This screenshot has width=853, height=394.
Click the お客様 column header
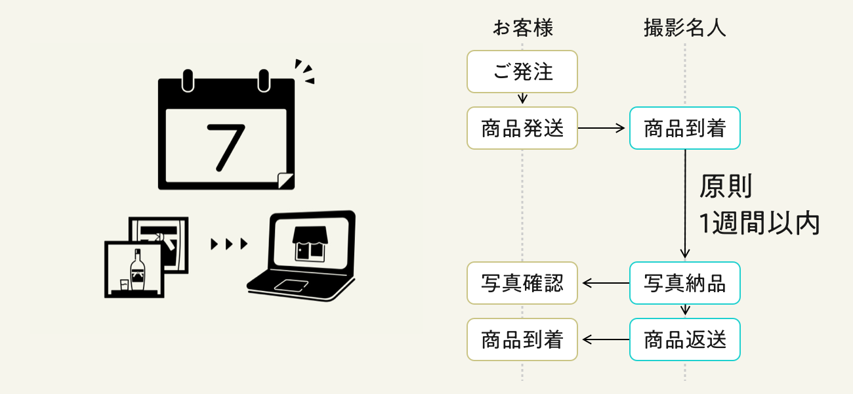(522, 28)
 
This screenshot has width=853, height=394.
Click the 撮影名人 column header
(684, 28)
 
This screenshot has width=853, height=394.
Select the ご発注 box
(522, 72)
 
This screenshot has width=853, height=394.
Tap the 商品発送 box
(522, 128)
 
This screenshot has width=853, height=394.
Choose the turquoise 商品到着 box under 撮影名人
(684, 128)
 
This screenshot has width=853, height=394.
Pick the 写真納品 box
(684, 283)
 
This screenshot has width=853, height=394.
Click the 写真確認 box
(522, 283)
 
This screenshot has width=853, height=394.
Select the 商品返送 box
(684, 339)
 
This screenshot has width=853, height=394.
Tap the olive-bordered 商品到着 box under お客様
(522, 339)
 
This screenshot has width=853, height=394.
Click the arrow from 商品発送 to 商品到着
(603, 128)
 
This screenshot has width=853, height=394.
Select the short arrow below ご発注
(522, 99)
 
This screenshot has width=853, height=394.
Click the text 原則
(724, 187)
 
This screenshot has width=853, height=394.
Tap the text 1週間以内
(759, 224)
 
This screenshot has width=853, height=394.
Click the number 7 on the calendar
(225, 144)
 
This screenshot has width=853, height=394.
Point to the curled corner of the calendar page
(285, 180)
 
